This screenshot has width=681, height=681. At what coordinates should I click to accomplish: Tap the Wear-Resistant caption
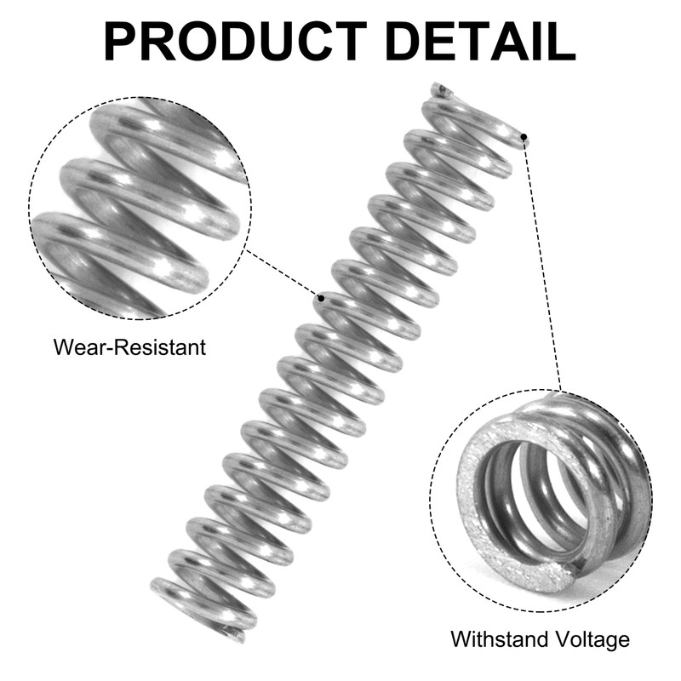pos(129,347)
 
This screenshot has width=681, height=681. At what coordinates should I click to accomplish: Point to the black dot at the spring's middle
pos(321,298)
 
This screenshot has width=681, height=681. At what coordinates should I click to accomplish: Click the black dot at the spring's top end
pos(524,136)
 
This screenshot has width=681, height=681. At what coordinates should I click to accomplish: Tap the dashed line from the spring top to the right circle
pos(542,264)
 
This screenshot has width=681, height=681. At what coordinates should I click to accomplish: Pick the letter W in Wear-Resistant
pos(62,347)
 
